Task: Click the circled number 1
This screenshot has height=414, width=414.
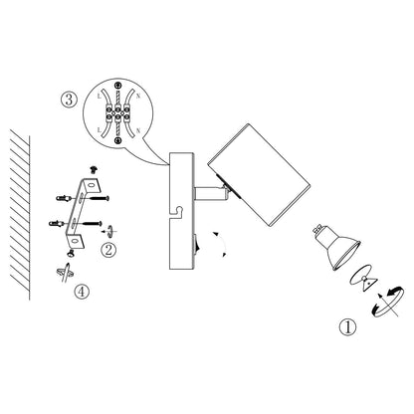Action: click(346, 324)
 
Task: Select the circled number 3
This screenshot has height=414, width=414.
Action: click(67, 101)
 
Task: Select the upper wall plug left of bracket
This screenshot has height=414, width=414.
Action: click(65, 198)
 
